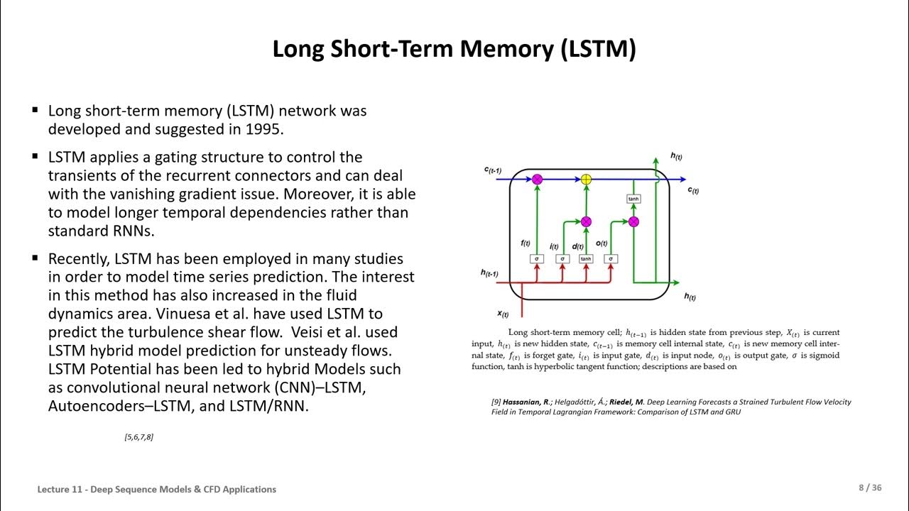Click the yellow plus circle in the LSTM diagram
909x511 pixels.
click(x=586, y=180)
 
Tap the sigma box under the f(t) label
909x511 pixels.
click(x=538, y=259)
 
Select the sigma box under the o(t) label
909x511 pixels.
click(x=611, y=259)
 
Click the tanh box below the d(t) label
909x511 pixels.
click(x=586, y=259)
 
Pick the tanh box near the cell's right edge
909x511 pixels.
click(x=633, y=199)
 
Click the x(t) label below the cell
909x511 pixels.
click(x=503, y=313)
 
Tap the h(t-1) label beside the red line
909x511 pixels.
click(x=489, y=273)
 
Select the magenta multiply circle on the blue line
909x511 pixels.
click(x=538, y=180)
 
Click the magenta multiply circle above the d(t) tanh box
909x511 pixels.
click(x=586, y=221)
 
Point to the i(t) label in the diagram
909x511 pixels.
click(x=555, y=246)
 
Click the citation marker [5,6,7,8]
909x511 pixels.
click(x=138, y=437)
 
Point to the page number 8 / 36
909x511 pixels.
click(x=870, y=488)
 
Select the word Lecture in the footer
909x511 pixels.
click(x=55, y=489)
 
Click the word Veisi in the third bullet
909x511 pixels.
click(x=309, y=332)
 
